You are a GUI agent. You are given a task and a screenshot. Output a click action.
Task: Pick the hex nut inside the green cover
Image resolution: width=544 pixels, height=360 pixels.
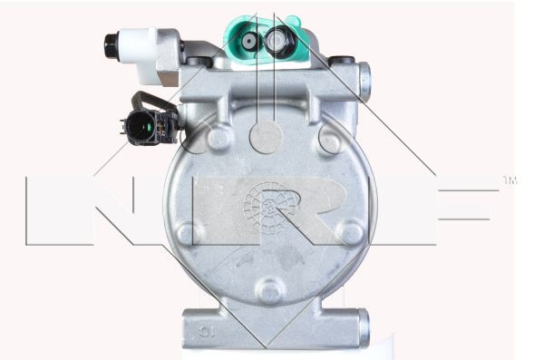coord(277,41)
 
